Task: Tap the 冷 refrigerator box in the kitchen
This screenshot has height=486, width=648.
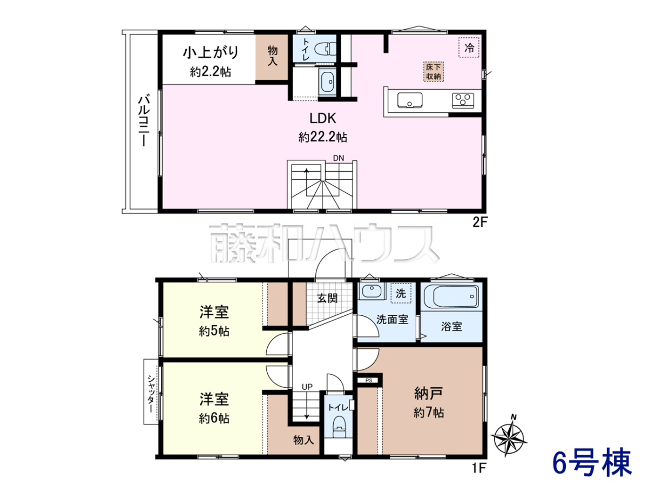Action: click(x=469, y=47)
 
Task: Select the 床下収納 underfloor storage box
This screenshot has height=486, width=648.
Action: click(x=434, y=72)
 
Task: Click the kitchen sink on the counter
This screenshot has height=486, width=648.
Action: click(x=409, y=100)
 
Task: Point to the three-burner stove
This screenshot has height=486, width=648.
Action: click(x=463, y=100)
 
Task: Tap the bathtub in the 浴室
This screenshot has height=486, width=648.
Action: click(x=451, y=296)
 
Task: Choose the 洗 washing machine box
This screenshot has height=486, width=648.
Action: click(x=401, y=293)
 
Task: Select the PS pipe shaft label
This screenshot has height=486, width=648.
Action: click(x=369, y=380)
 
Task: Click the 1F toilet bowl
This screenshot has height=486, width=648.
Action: click(x=340, y=427)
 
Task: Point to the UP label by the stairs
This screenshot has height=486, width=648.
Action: click(x=307, y=387)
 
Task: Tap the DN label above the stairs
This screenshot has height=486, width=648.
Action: click(x=339, y=158)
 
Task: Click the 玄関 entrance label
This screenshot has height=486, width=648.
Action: click(x=327, y=298)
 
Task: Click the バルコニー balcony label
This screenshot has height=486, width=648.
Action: click(x=144, y=120)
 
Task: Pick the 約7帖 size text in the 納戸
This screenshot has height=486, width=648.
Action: click(x=429, y=413)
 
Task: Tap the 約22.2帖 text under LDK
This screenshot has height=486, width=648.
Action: click(x=323, y=137)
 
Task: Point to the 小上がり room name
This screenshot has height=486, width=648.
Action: click(x=211, y=53)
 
